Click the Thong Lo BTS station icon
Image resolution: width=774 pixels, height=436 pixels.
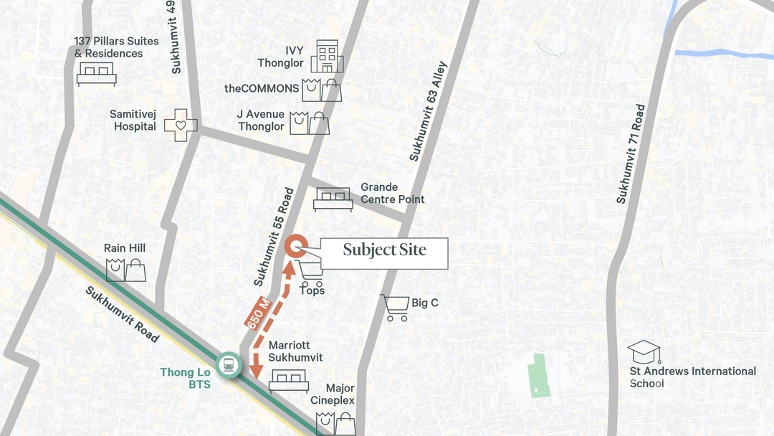click(228, 365)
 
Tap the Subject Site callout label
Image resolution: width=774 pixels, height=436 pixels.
click(384, 250)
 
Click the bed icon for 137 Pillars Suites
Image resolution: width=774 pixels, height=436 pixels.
click(96, 74)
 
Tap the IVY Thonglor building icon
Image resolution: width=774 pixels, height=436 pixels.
click(327, 56)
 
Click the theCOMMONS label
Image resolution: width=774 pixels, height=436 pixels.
click(262, 88)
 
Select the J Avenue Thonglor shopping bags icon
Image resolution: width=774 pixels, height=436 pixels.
click(310, 123)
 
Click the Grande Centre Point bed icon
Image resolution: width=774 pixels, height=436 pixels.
click(333, 199)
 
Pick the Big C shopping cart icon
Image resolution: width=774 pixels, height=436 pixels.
click(394, 307)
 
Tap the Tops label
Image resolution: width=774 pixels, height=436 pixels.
click(312, 290)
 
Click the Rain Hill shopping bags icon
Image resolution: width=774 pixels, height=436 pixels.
click(126, 270)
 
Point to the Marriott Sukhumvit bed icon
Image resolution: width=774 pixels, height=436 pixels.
click(289, 381)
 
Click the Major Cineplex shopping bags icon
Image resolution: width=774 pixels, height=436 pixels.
click(335, 422)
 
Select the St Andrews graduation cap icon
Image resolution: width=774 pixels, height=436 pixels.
click(644, 351)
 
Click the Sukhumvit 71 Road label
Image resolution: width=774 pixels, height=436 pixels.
click(631, 153)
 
